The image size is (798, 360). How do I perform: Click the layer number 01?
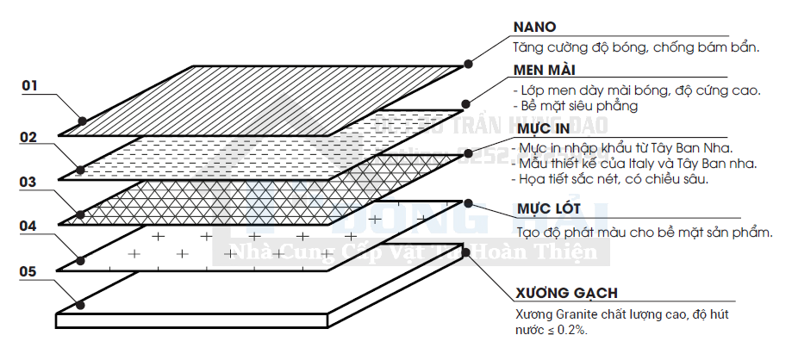pos(30,85)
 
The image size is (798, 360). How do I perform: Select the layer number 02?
pos(29,136)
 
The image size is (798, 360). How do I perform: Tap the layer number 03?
pos(29,182)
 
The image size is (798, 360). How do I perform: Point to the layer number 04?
pos(29,227)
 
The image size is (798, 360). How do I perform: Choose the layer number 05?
pos(29,272)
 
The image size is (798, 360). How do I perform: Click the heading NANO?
pos(534,27)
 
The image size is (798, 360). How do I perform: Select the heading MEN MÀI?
pos(544,69)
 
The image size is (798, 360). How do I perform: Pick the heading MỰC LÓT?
pos(546,209)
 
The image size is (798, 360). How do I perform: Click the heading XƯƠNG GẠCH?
pos(565,293)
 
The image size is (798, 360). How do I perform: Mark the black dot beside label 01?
pos(82,121)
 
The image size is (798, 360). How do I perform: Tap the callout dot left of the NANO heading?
pos(469,63)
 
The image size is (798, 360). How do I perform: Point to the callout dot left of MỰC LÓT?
pos(469,203)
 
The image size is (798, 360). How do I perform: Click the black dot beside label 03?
pos(80,214)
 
